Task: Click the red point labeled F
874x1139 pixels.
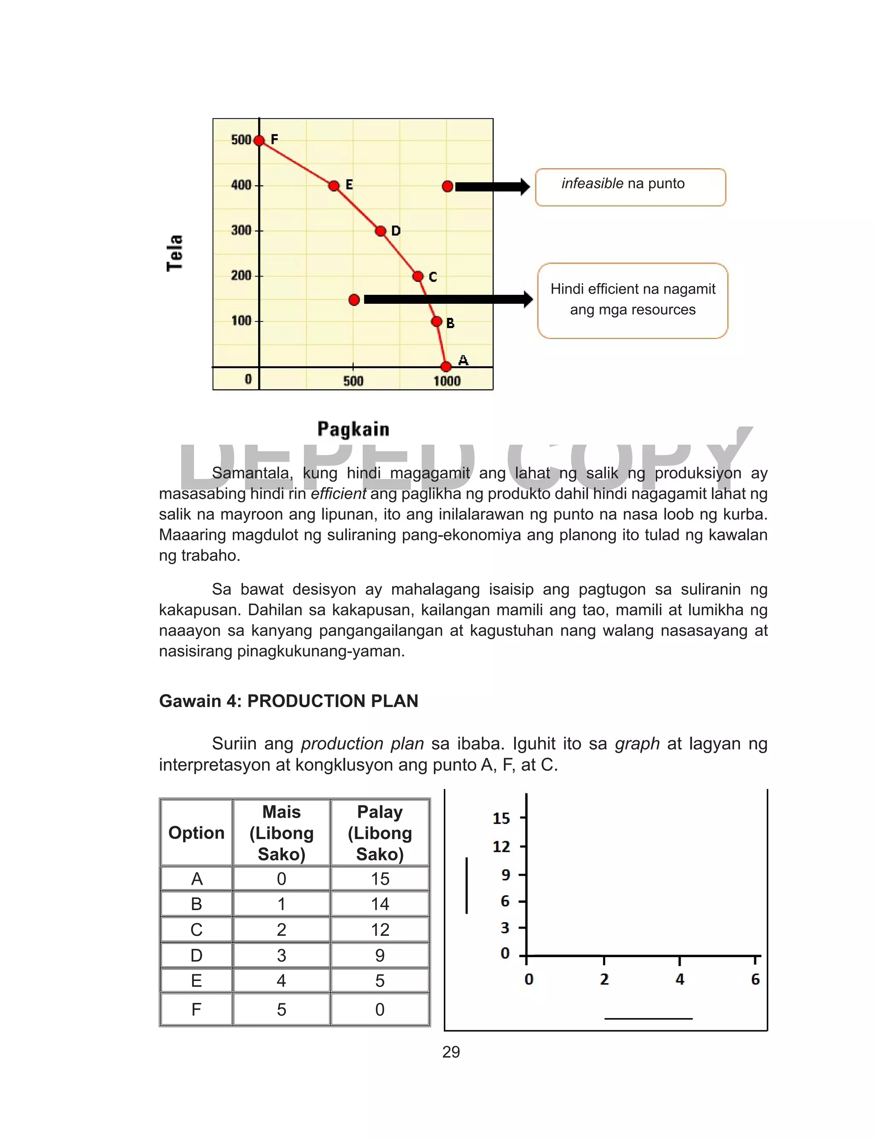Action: click(259, 140)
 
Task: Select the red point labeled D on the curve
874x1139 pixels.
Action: click(381, 231)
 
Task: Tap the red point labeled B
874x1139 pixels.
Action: click(437, 322)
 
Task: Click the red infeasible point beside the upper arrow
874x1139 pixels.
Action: click(447, 186)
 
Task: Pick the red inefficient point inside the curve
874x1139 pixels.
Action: click(354, 300)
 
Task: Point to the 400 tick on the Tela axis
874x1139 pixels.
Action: click(242, 185)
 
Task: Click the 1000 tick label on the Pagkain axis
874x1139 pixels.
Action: click(447, 381)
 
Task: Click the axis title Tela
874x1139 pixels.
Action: click(175, 253)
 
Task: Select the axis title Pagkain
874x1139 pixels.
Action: click(353, 429)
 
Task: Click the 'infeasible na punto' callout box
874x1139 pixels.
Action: click(630, 187)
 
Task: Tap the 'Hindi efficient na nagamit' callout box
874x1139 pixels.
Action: click(632, 300)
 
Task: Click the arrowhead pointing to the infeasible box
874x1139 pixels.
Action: click(524, 187)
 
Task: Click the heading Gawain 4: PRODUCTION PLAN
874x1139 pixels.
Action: click(289, 701)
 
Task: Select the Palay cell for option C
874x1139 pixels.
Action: click(380, 929)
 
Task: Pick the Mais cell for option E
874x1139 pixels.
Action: click(282, 980)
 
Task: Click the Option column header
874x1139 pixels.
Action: click(196, 833)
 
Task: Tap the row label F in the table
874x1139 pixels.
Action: click(196, 1009)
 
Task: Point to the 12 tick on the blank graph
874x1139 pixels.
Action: click(501, 847)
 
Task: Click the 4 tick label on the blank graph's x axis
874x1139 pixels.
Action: click(679, 979)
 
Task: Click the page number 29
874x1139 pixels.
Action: click(451, 1052)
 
